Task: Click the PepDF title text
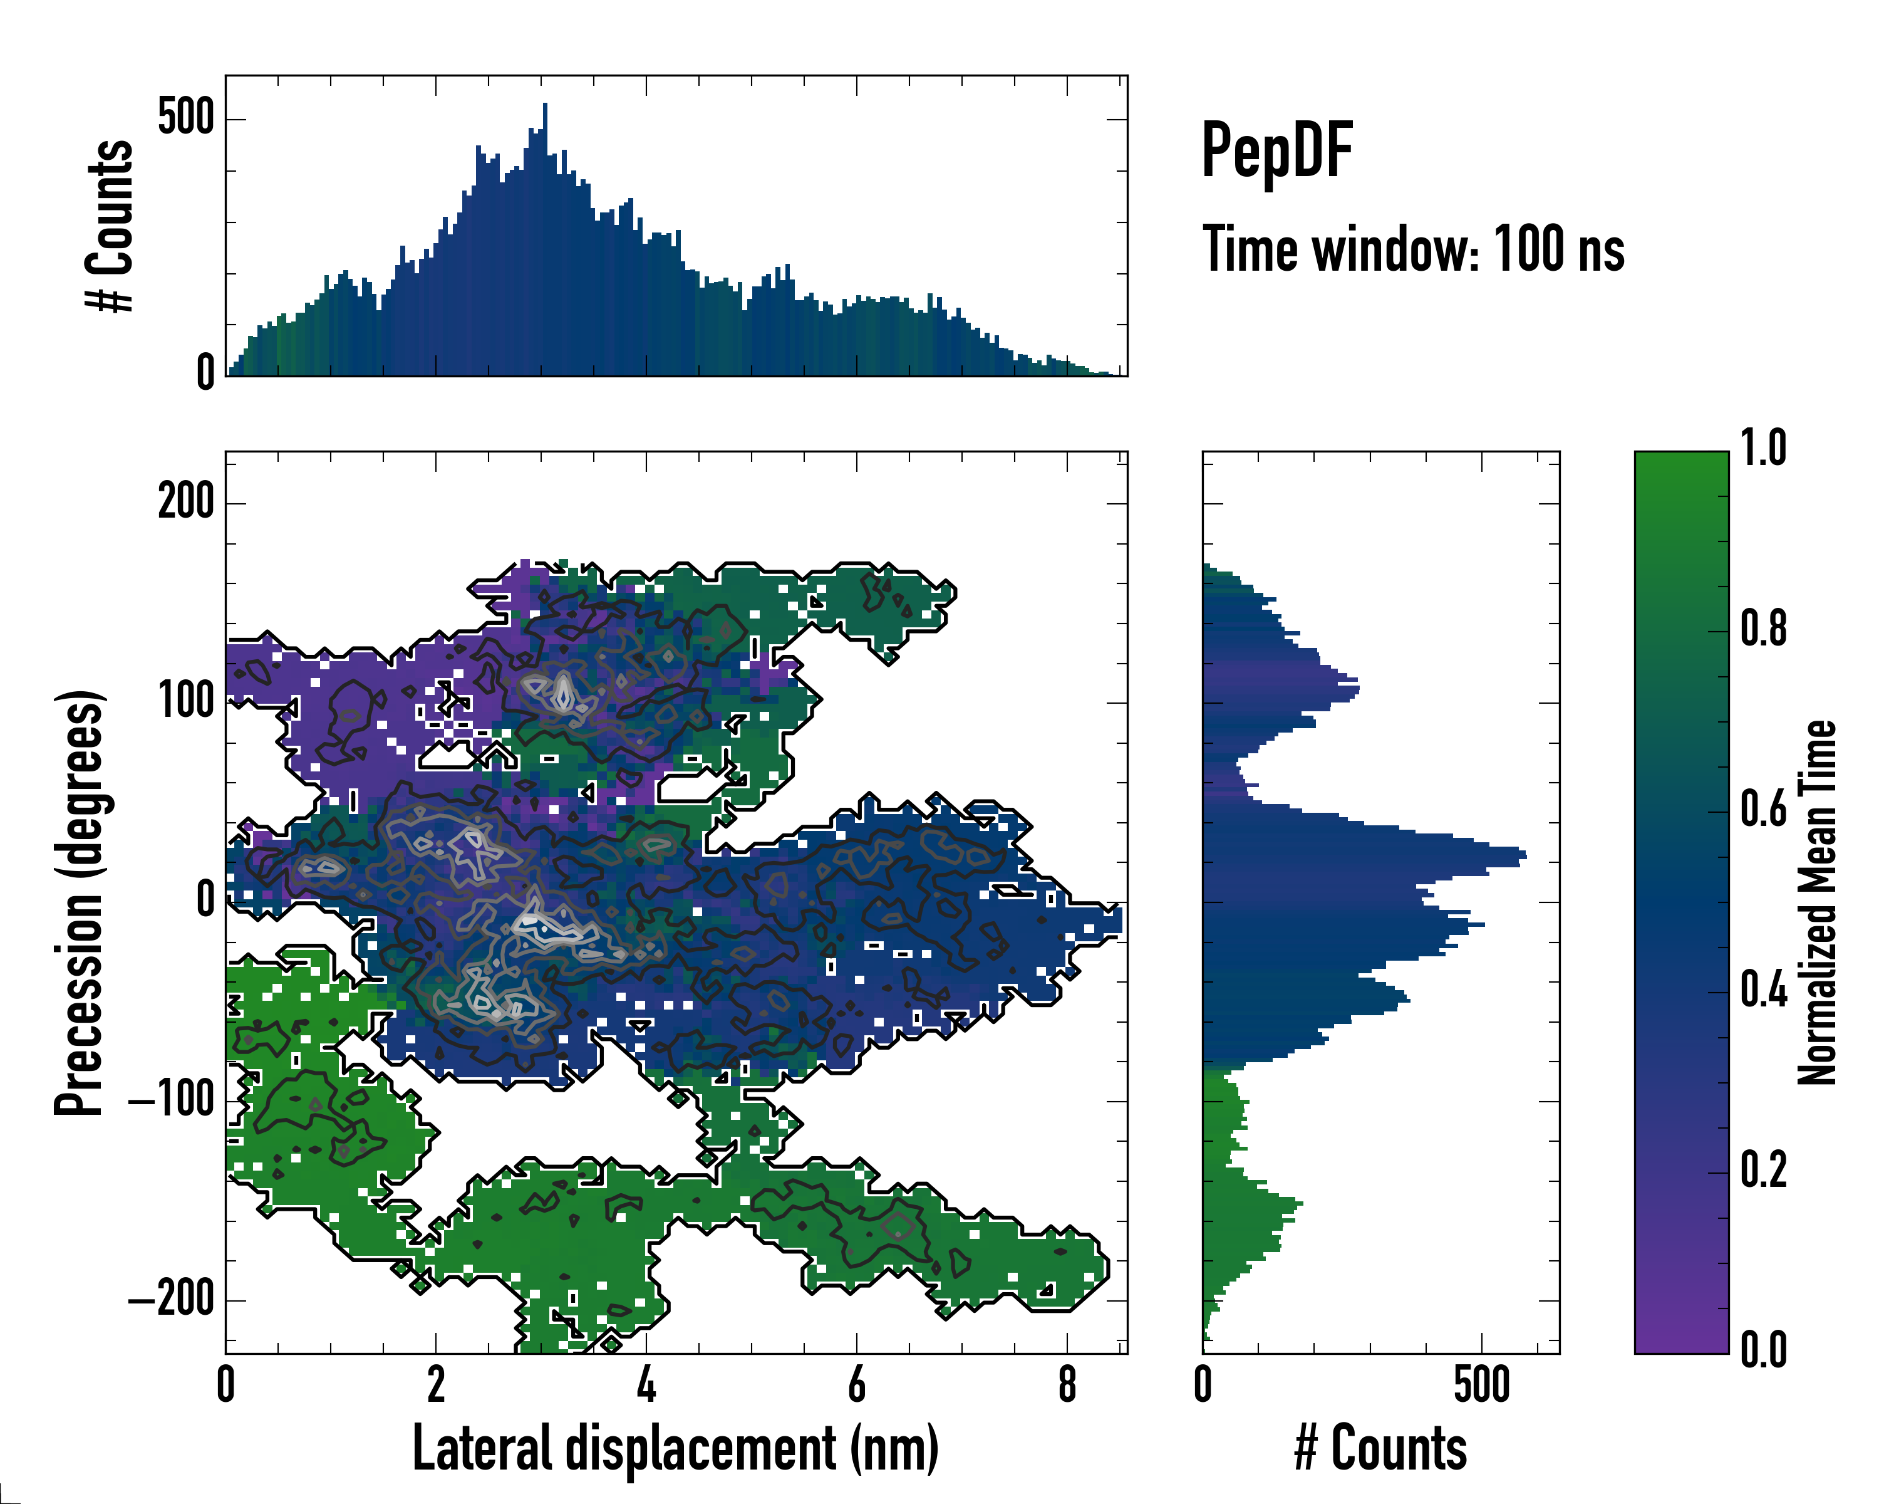(x=1276, y=151)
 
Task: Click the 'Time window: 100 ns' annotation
(x=1413, y=250)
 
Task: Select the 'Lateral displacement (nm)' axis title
(x=675, y=1448)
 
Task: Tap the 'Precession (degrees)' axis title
(x=80, y=902)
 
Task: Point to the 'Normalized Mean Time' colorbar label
(x=1817, y=902)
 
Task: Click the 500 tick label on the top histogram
(x=185, y=118)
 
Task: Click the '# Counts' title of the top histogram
(x=110, y=226)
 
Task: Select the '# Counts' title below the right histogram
(x=1380, y=1448)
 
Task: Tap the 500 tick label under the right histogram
(x=1481, y=1384)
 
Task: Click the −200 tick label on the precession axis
(x=172, y=1300)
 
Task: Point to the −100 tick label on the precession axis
(x=172, y=1100)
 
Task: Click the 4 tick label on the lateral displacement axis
(x=646, y=1384)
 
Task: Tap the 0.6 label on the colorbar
(x=1763, y=809)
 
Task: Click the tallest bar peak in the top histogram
(x=545, y=105)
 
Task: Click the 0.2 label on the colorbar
(x=1763, y=1170)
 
